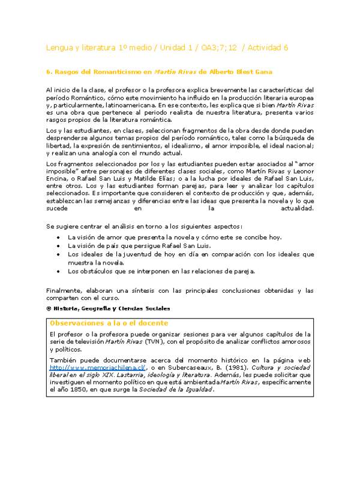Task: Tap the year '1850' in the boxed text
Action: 85,388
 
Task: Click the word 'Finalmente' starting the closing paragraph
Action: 63,290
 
